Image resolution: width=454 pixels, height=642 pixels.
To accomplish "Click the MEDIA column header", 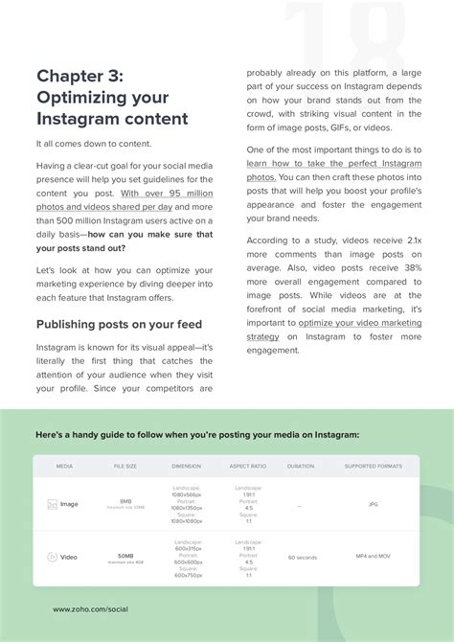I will tap(64, 467).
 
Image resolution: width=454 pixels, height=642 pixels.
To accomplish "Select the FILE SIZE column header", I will tap(125, 467).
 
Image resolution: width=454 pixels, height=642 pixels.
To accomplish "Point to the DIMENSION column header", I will tap(187, 467).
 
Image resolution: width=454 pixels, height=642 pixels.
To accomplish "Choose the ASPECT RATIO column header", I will tap(247, 467).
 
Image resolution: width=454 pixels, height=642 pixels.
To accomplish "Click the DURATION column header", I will tap(300, 467).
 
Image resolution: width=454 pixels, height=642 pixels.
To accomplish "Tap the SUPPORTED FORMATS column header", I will tap(373, 467).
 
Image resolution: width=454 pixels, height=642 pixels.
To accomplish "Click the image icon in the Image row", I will tap(52, 503).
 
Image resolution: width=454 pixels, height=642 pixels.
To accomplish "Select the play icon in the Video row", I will tap(52, 557).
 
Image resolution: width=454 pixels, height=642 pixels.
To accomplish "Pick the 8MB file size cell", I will tap(125, 501).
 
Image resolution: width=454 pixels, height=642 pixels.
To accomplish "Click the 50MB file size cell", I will tap(125, 555).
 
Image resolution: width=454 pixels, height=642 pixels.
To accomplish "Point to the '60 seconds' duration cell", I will tap(303, 557).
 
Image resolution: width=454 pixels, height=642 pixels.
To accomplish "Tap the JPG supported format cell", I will tap(373, 503).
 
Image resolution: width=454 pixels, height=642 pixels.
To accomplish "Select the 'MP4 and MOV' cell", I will tap(373, 557).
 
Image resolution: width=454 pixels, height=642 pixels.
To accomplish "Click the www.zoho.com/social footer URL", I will tap(91, 609).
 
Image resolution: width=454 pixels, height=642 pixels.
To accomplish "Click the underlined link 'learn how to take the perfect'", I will tap(334, 164).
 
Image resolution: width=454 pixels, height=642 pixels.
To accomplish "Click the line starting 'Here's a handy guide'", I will tap(196, 434).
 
